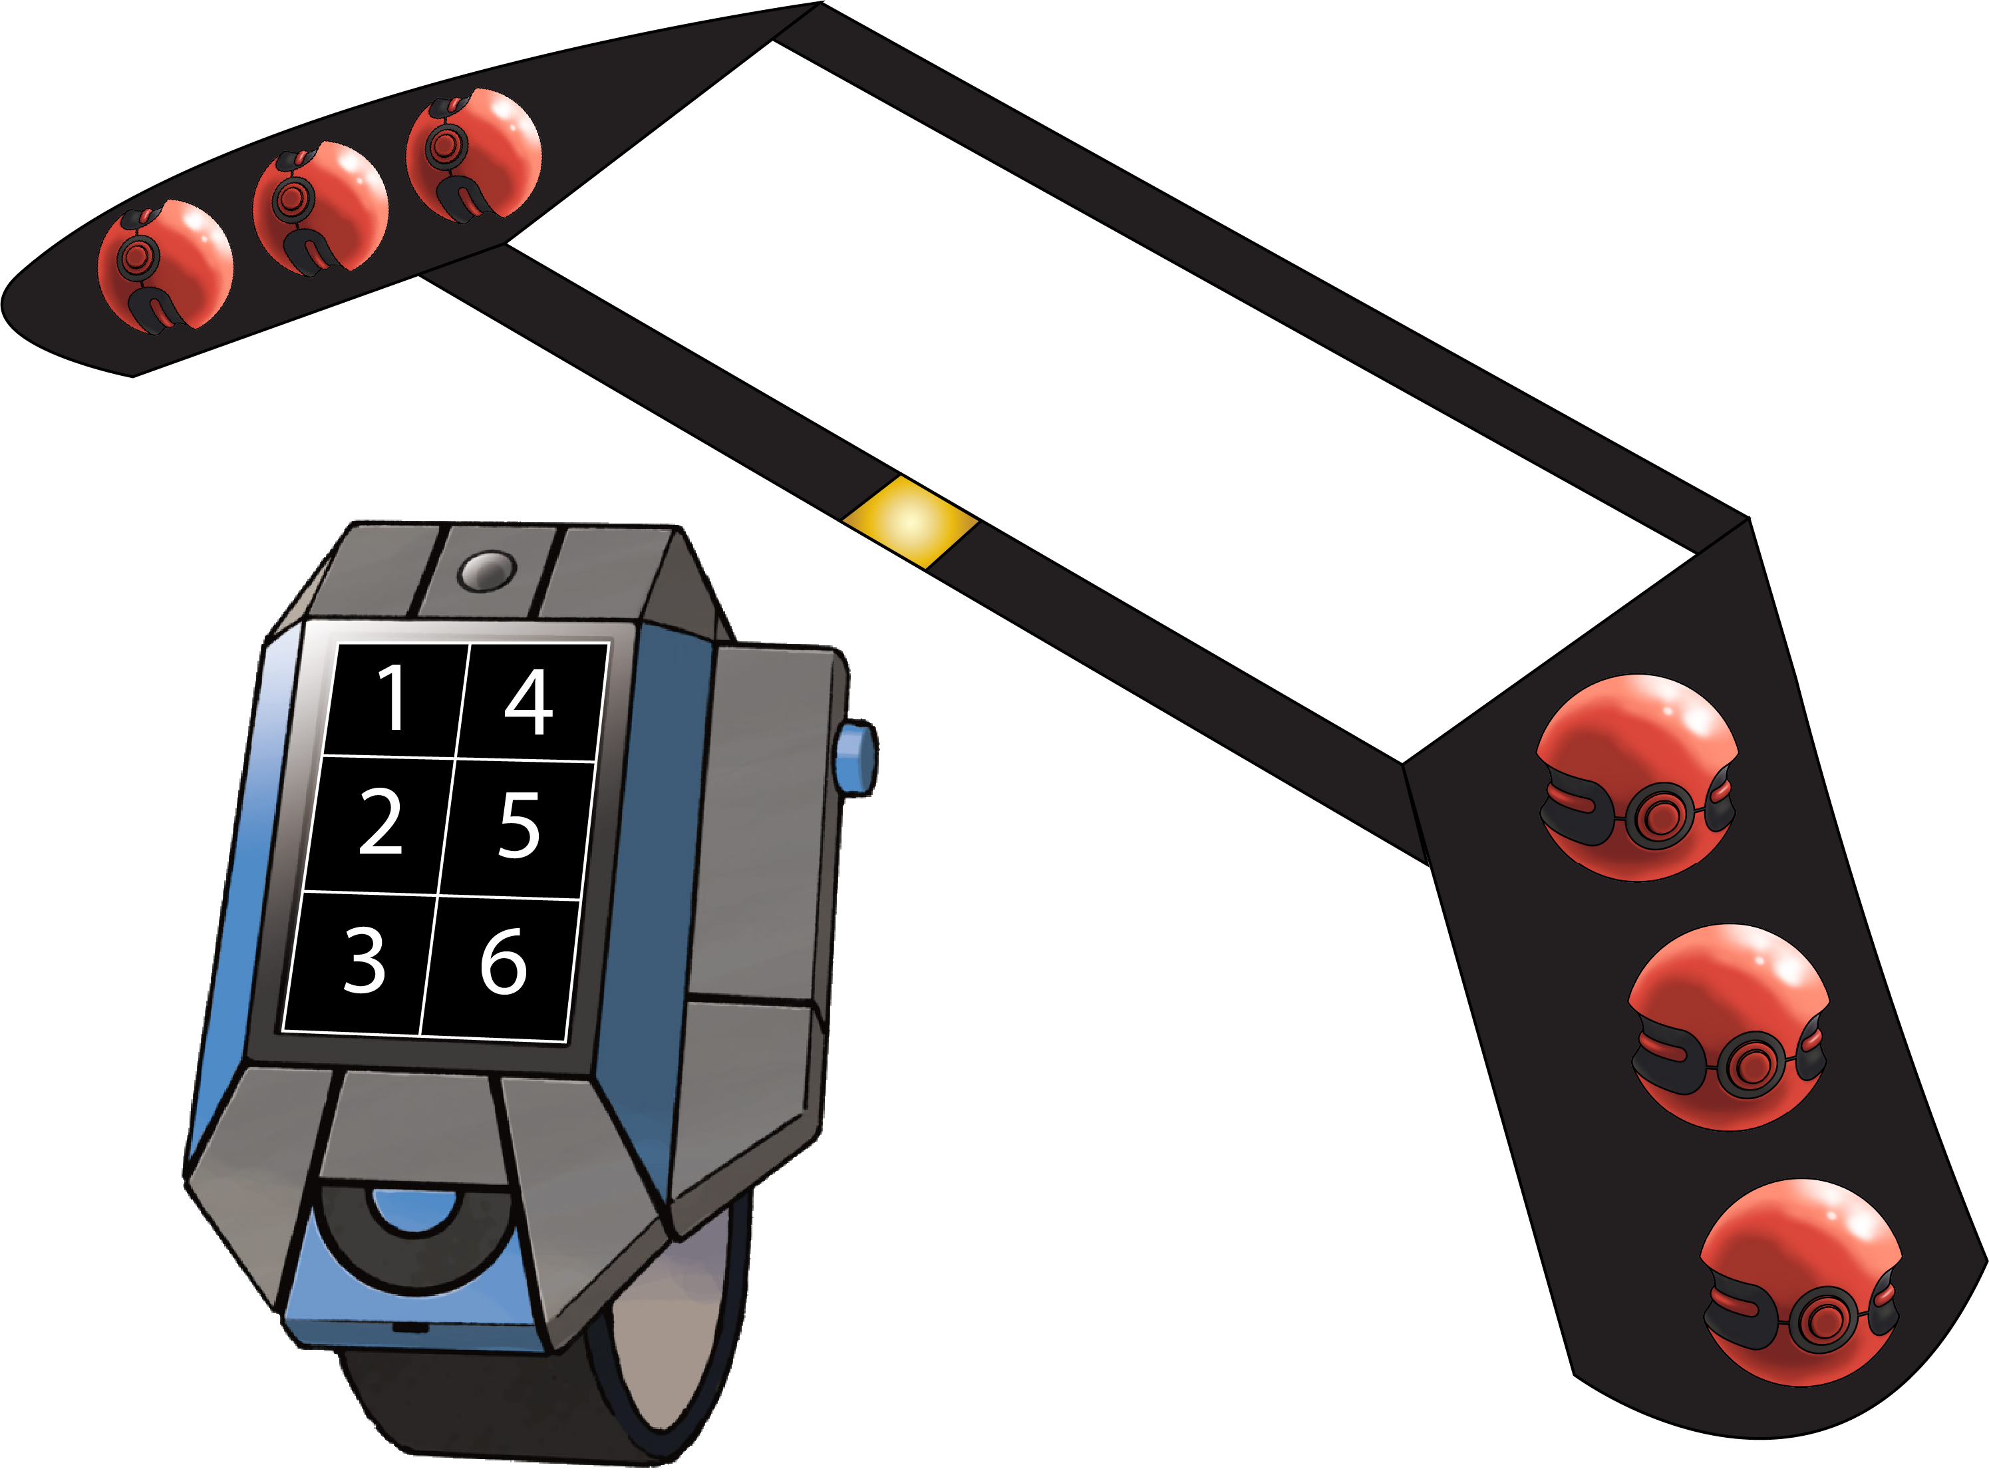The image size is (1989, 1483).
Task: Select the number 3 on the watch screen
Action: pyautogui.click(x=365, y=961)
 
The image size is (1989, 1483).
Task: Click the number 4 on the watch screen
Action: pyautogui.click(x=529, y=702)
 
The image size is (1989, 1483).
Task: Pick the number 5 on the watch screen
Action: pyautogui.click(x=520, y=825)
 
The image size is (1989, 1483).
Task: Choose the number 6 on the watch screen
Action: pyautogui.click(x=504, y=962)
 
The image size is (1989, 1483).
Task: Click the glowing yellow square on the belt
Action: pyautogui.click(x=910, y=522)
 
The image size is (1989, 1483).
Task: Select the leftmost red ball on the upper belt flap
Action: pyautogui.click(x=165, y=267)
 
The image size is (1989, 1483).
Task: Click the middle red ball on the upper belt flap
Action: pyautogui.click(x=321, y=208)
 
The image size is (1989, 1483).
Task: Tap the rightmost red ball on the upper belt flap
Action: pyautogui.click(x=474, y=154)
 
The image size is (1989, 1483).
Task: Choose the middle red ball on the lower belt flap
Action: pyautogui.click(x=1729, y=1027)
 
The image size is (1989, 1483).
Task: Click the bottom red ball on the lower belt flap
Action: pyautogui.click(x=1801, y=1283)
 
